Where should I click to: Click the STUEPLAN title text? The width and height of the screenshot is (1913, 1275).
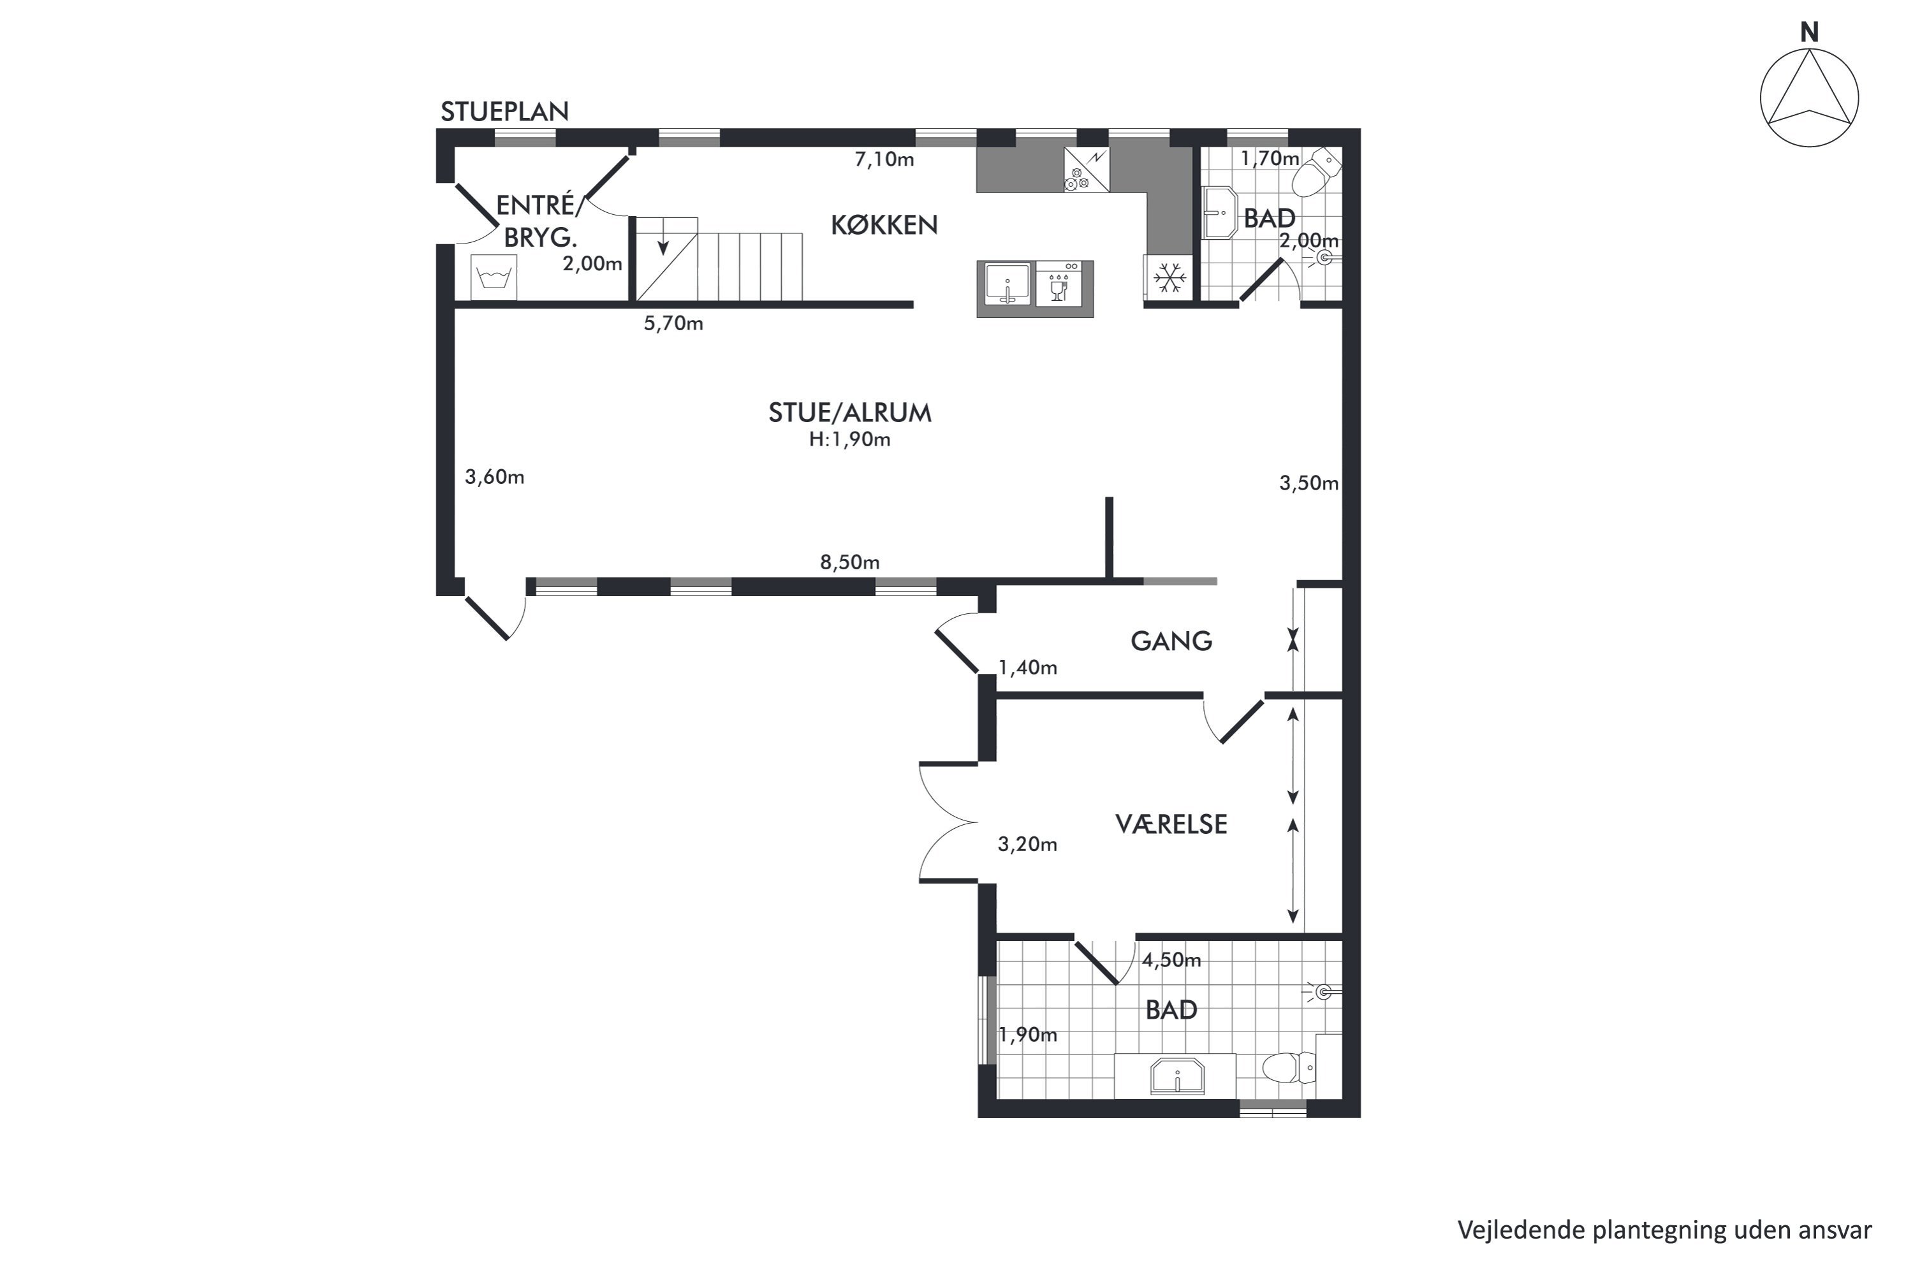tap(504, 112)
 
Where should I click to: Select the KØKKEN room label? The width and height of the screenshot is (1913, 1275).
tap(884, 224)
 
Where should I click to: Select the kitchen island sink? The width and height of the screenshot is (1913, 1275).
tap(1008, 284)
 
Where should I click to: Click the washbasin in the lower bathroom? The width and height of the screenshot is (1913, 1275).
tap(1177, 1077)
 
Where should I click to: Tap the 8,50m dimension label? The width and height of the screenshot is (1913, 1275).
tap(849, 562)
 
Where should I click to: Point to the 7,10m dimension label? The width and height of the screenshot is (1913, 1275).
tap(884, 159)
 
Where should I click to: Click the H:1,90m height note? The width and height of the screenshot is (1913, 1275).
tap(849, 440)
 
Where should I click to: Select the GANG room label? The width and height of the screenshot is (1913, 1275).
tap(1171, 641)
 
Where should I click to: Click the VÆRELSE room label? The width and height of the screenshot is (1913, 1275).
tap(1171, 824)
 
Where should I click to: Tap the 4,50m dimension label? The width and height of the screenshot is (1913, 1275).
tap(1171, 960)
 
